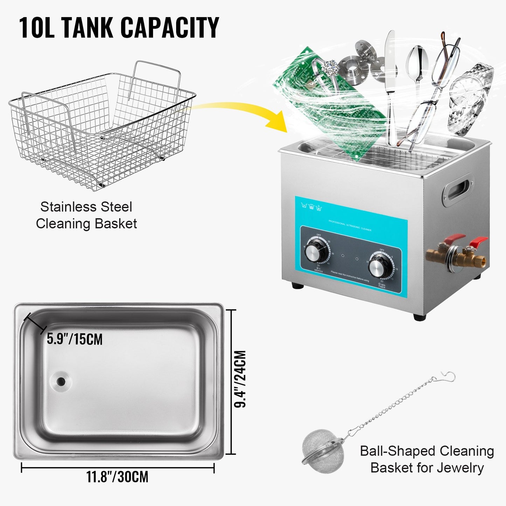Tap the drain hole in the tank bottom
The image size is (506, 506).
click(x=61, y=381)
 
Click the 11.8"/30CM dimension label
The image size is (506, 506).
click(x=118, y=477)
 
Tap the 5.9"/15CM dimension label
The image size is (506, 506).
click(x=75, y=339)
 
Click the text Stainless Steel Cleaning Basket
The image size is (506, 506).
click(x=86, y=215)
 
